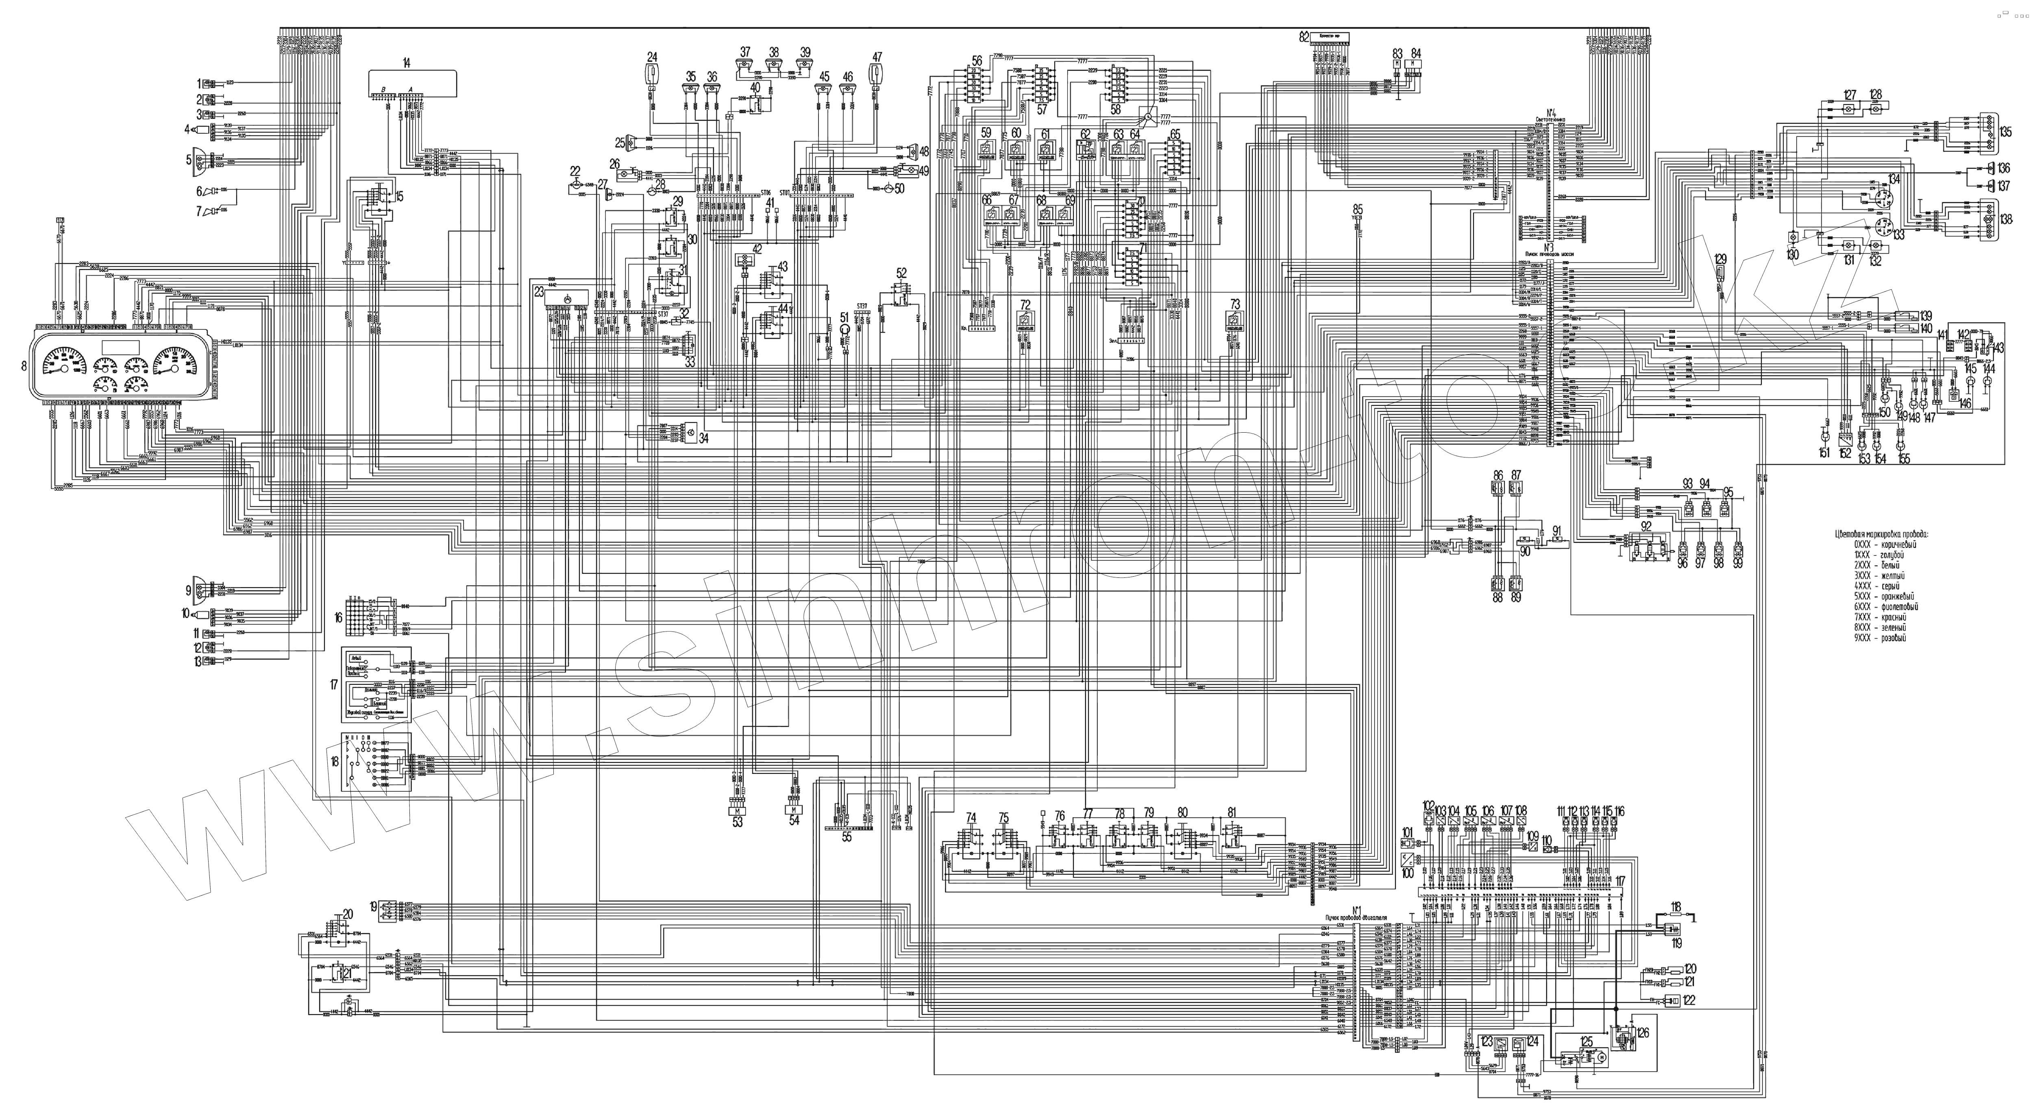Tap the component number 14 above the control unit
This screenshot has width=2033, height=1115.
coord(407,62)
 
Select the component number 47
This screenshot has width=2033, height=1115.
coord(877,57)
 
